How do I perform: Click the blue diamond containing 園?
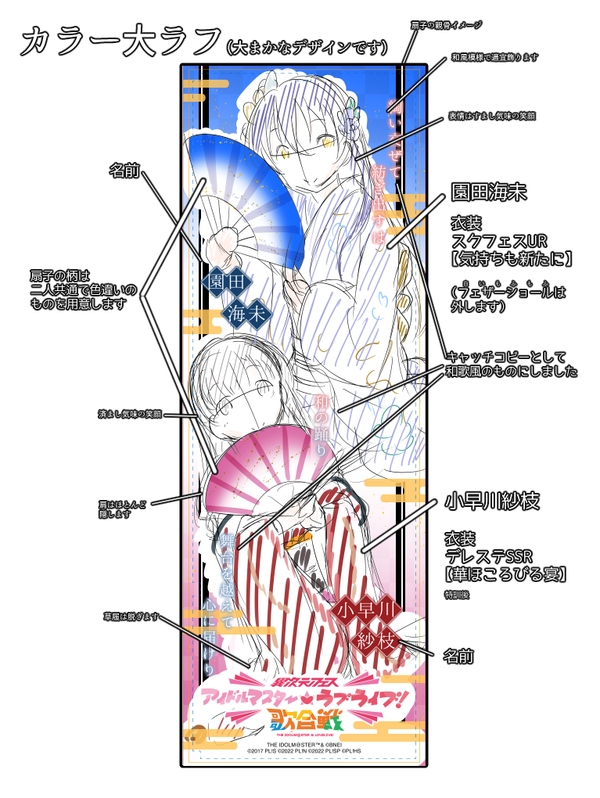(x=215, y=281)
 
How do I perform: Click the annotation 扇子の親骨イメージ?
(x=446, y=26)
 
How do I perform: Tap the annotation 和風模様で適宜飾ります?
(x=493, y=58)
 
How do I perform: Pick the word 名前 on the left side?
(x=123, y=171)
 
